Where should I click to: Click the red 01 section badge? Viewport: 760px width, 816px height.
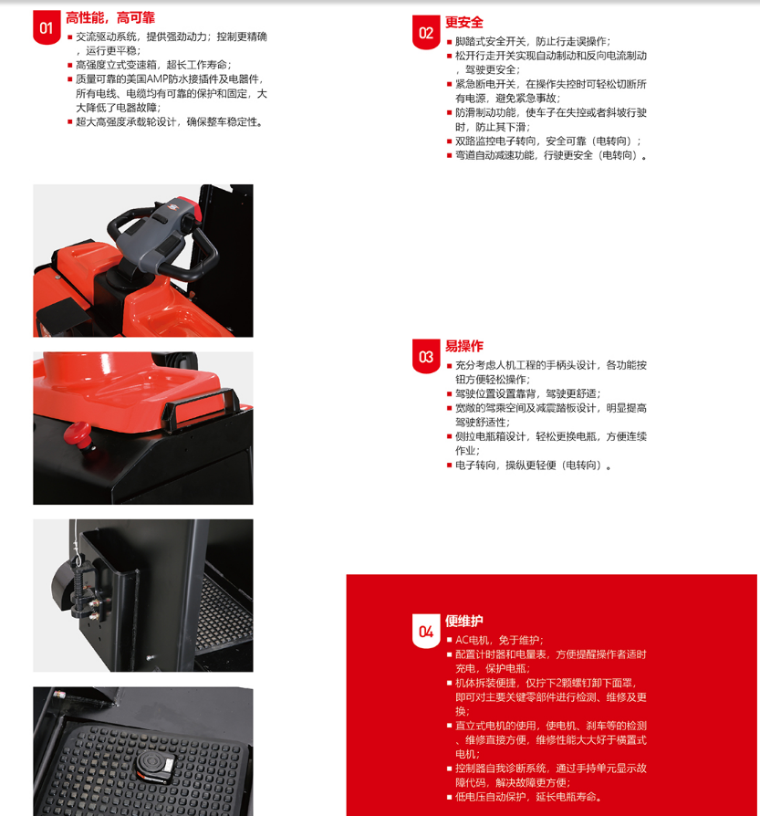pyautogui.click(x=47, y=27)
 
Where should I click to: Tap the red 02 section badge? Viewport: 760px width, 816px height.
pyautogui.click(x=426, y=32)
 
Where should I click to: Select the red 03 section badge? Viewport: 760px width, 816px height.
pyautogui.click(x=426, y=357)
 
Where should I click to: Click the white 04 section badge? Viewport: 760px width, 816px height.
pyautogui.click(x=426, y=632)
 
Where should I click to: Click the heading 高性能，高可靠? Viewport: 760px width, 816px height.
pyautogui.click(x=110, y=17)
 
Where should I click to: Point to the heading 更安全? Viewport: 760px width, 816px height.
pyautogui.click(x=464, y=23)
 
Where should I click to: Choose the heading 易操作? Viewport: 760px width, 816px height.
pyautogui.click(x=464, y=346)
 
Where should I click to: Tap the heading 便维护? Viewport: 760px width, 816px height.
pyautogui.click(x=464, y=621)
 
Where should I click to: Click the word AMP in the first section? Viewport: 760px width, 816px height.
pyautogui.click(x=155, y=79)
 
